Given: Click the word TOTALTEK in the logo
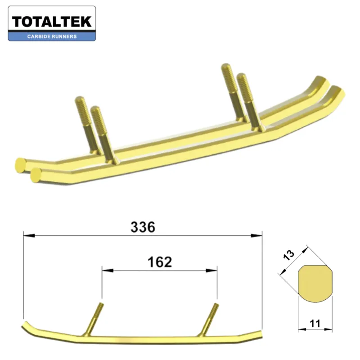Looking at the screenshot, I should coord(52,21).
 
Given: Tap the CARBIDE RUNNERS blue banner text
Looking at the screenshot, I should coord(52,36).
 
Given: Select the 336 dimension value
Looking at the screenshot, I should coord(143,227).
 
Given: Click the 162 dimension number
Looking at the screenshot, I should coord(160,262).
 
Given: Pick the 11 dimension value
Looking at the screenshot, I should coord(315,322).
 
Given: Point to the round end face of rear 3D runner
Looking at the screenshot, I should coord(20,162).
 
